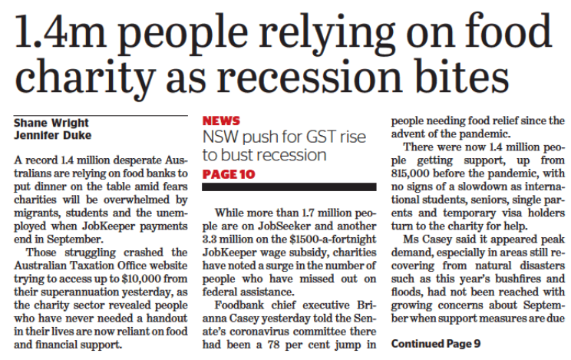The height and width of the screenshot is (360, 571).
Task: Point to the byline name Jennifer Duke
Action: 52,137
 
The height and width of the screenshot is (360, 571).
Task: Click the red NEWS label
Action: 221,121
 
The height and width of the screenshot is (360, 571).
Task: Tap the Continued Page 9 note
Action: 435,344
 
